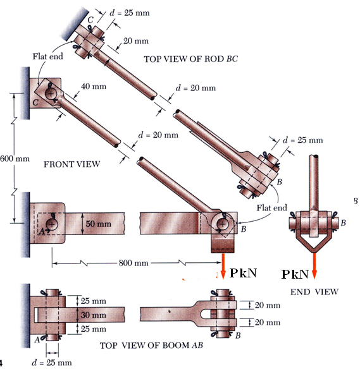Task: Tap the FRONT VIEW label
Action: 71,165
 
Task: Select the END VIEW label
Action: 314,291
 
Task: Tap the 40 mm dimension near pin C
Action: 94,86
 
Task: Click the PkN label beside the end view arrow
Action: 295,274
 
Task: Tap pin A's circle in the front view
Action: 51,224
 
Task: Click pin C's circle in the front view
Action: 51,94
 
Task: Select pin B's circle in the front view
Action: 223,224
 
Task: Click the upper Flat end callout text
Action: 47,57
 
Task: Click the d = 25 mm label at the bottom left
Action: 52,363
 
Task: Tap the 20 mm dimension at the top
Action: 135,41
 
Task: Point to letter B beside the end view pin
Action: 343,222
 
